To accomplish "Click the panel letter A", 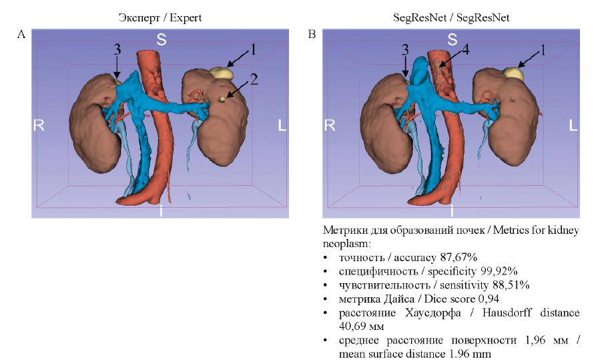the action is (21, 34).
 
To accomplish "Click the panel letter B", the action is (312, 34).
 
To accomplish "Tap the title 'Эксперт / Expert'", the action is (160, 17).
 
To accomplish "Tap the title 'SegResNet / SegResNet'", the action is (450, 17).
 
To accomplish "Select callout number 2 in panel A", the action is (254, 79).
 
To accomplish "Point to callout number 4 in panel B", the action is (465, 49).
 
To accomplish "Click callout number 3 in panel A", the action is (117, 49).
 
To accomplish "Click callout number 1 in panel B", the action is (542, 49).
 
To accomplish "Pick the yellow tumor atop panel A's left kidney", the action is (222, 73).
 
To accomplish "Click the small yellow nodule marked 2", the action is (222, 99).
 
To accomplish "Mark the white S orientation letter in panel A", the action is (162, 39).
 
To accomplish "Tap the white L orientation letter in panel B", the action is (573, 126).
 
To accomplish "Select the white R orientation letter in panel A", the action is (39, 126).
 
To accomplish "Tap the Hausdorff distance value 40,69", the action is (353, 327).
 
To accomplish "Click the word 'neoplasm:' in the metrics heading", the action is (346, 244).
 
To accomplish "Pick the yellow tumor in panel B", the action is (514, 73).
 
